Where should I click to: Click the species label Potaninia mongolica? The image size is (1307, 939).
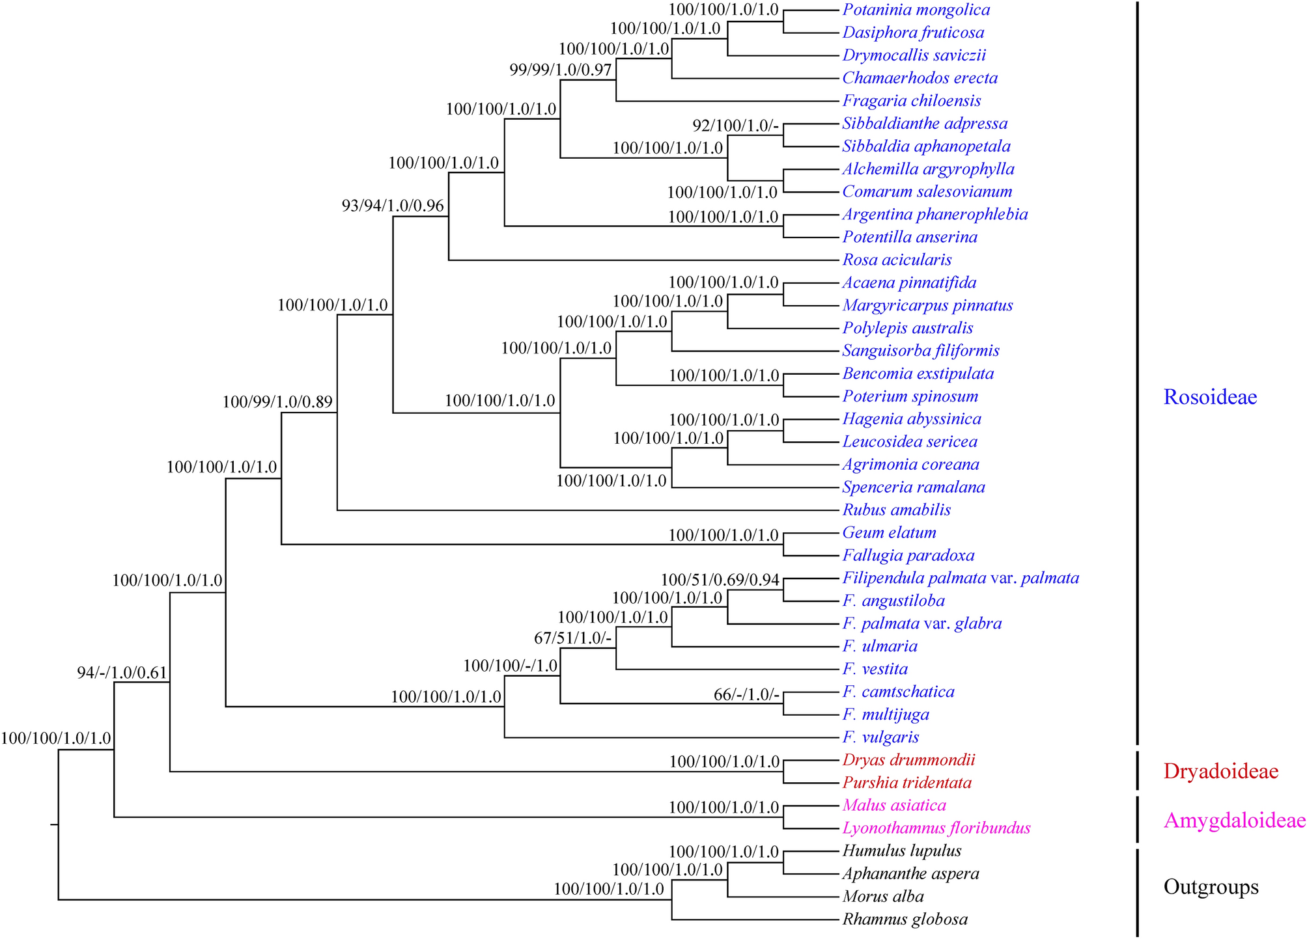[x=916, y=10]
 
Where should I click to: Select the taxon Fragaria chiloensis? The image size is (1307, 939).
[x=911, y=101]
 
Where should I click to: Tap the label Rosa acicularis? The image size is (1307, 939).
[x=897, y=260]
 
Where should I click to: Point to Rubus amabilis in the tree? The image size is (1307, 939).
[x=896, y=510]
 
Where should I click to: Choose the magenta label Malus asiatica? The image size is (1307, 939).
[x=893, y=806]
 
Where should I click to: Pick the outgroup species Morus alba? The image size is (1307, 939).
[x=882, y=897]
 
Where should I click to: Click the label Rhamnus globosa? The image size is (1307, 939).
[x=905, y=919]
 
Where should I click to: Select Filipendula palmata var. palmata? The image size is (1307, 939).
[x=961, y=578]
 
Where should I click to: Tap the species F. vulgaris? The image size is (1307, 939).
[x=880, y=737]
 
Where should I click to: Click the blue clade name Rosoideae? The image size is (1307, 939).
[x=1210, y=397]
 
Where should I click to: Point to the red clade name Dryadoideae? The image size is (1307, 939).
[x=1220, y=772]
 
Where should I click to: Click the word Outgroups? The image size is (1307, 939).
[x=1211, y=887]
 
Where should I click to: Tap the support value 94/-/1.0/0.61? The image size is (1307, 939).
[x=122, y=673]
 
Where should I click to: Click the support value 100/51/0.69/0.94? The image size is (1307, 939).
[x=720, y=580]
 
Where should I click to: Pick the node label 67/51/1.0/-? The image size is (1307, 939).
[x=572, y=639]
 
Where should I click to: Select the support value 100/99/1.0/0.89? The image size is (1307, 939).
[x=277, y=402]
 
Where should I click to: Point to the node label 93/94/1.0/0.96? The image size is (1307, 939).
[x=393, y=206]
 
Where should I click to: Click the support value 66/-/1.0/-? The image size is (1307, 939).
[x=746, y=694]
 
